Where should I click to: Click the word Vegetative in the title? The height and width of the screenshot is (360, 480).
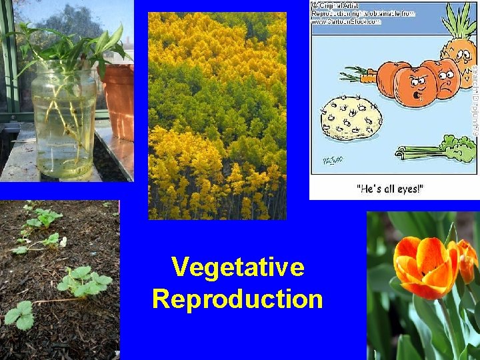[237, 268]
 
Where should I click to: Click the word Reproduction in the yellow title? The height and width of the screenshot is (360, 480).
[237, 299]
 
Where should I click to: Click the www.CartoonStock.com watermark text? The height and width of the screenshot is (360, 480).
[345, 21]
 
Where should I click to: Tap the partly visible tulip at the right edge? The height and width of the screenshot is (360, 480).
[468, 260]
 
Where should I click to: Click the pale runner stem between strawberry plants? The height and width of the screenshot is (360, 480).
[53, 301]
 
